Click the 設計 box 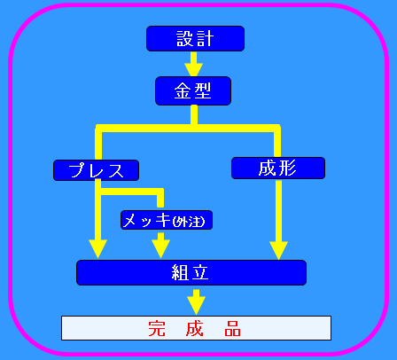(x=195, y=39)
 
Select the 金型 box (x=193, y=91)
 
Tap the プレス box (x=96, y=170)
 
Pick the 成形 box (x=278, y=168)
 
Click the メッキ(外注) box (x=167, y=220)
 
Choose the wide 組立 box (x=191, y=272)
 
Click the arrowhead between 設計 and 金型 (x=193, y=70)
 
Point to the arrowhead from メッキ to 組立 (x=160, y=249)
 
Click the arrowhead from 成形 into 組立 (x=278, y=251)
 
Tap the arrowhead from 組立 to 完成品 (x=196, y=306)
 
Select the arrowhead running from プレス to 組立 (x=97, y=249)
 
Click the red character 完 (x=157, y=328)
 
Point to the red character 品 (x=232, y=328)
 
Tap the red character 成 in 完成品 (x=195, y=328)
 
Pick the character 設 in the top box (x=185, y=39)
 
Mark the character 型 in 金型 (x=202, y=90)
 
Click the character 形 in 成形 (x=287, y=168)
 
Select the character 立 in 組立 (x=200, y=272)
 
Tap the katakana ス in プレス (x=116, y=171)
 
